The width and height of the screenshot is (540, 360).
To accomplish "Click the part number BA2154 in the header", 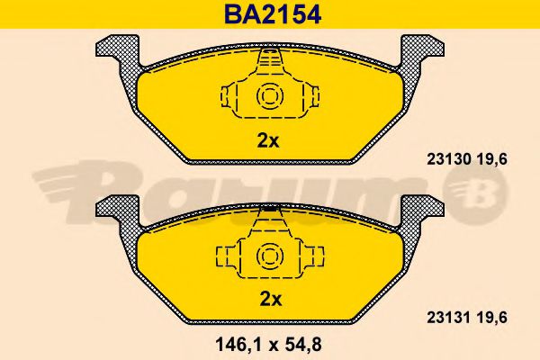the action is point(273,14).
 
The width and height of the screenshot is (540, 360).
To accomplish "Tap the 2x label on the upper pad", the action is point(268,140).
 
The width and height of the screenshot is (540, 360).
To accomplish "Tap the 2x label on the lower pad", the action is point(270,299).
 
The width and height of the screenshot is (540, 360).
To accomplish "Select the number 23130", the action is point(449,159).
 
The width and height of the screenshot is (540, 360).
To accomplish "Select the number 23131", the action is point(449,318).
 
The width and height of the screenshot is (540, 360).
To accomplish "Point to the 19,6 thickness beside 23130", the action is point(492,159).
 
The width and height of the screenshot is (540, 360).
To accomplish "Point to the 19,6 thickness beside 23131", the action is point(492,318).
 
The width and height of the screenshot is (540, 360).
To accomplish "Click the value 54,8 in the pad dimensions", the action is point(302,344).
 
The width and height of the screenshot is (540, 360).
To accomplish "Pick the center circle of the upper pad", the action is point(270,95).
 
